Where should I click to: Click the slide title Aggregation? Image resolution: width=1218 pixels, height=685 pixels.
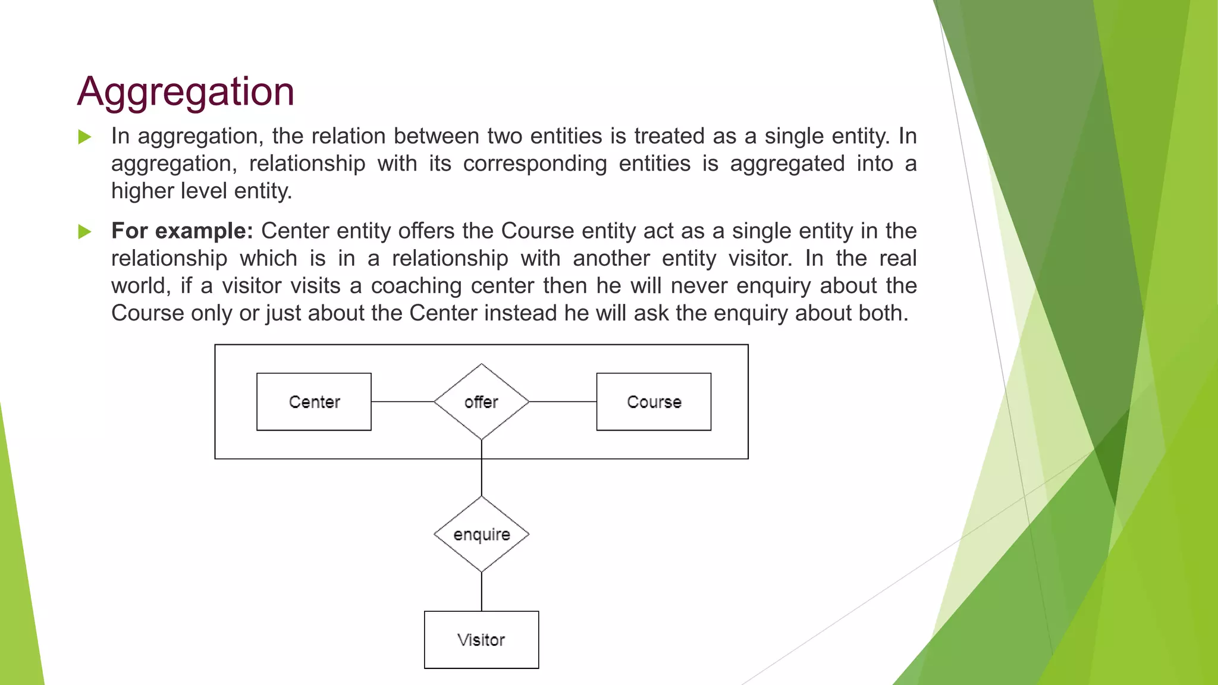(186, 92)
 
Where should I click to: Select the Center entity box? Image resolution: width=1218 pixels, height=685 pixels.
(314, 402)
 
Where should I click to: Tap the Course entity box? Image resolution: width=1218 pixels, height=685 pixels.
(654, 402)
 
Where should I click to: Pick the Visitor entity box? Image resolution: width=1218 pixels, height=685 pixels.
(481, 640)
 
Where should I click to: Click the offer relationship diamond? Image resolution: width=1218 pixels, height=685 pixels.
(481, 402)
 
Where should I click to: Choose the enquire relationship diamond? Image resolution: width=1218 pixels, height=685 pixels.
(481, 535)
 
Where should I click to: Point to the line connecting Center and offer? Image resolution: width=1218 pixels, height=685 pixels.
(403, 402)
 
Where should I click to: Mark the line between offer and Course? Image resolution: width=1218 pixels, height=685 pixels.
(563, 402)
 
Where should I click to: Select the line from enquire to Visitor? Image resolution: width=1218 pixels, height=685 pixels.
(481, 592)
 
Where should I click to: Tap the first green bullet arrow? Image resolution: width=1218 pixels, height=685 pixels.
(85, 137)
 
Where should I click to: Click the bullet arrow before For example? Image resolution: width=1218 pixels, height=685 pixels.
(85, 232)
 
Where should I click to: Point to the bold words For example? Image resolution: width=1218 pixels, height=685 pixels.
(182, 231)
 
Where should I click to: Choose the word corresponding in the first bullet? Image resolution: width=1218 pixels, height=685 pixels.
(535, 164)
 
